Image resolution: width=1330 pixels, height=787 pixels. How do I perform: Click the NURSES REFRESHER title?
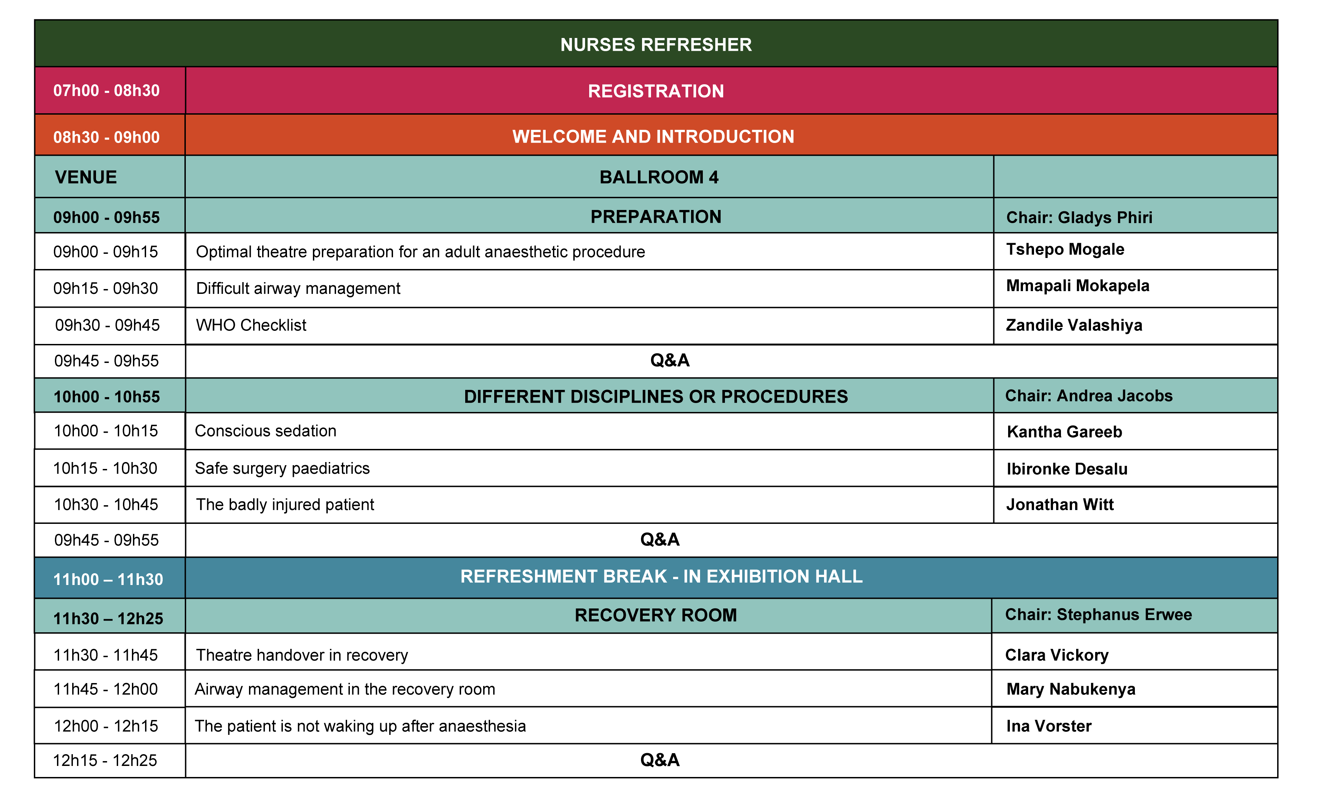[x=656, y=45]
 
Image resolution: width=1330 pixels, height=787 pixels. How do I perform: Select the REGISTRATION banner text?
[x=656, y=91]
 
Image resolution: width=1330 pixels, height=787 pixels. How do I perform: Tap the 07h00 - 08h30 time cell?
[x=107, y=91]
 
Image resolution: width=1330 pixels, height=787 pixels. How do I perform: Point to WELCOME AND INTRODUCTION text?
[x=653, y=137]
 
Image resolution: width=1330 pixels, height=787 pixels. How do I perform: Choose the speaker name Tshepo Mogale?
[x=1065, y=249]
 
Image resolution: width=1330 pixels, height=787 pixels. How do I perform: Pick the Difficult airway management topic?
[x=298, y=288]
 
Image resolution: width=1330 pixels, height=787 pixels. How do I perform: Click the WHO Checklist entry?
[x=251, y=325]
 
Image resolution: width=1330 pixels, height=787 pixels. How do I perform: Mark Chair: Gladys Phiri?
[x=1080, y=218]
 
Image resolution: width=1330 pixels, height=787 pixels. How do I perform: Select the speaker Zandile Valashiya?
[x=1074, y=325]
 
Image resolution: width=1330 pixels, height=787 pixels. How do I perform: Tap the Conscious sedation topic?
[x=266, y=431]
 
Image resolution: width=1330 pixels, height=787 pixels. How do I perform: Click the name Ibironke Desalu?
[x=1067, y=469]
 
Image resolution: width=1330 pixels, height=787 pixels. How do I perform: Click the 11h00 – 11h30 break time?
[x=108, y=579]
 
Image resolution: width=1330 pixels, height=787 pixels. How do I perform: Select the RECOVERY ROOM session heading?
[x=656, y=615]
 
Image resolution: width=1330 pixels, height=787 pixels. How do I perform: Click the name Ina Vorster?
[x=1049, y=726]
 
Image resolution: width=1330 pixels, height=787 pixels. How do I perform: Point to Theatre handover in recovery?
[x=302, y=655]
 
